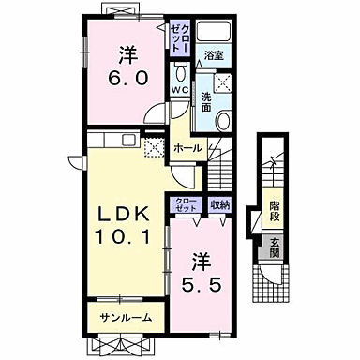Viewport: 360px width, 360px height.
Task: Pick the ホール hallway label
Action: [x=187, y=147]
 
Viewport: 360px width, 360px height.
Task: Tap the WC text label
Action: [x=179, y=90]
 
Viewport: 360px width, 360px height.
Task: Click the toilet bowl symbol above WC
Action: [x=179, y=72]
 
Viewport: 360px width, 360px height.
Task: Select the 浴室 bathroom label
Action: [x=215, y=56]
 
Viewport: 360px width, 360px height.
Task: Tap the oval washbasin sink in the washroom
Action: [x=223, y=118]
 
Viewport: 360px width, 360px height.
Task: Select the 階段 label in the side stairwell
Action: [x=275, y=208]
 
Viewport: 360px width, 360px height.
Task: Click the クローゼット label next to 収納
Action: [x=184, y=203]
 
